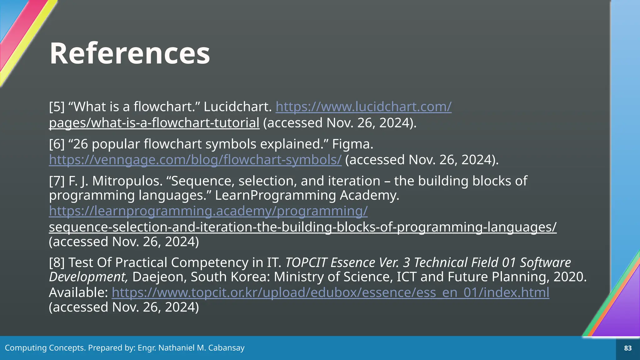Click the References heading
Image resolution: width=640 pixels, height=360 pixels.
pyautogui.click(x=130, y=53)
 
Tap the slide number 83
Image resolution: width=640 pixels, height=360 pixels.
pyautogui.click(x=627, y=348)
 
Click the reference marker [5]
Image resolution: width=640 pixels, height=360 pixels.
pyautogui.click(x=57, y=107)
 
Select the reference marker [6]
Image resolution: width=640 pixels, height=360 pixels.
pyautogui.click(x=57, y=144)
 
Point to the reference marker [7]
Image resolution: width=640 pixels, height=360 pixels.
pyautogui.click(x=57, y=181)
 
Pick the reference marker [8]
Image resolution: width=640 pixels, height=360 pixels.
pyautogui.click(x=57, y=262)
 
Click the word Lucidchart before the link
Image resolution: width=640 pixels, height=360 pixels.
pyautogui.click(x=237, y=107)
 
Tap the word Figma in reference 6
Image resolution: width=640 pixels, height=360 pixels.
pyautogui.click(x=352, y=144)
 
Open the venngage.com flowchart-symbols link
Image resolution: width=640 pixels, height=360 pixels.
pyautogui.click(x=195, y=160)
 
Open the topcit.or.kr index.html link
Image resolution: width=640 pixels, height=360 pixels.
pyautogui.click(x=330, y=292)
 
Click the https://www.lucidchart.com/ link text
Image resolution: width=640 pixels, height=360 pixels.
pyautogui.click(x=363, y=107)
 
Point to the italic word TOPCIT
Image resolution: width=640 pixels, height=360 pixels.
pyautogui.click(x=306, y=262)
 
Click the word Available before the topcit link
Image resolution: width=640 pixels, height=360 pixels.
pyautogui.click(x=78, y=292)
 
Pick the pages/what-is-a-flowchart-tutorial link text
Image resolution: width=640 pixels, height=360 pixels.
pyautogui.click(x=154, y=123)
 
